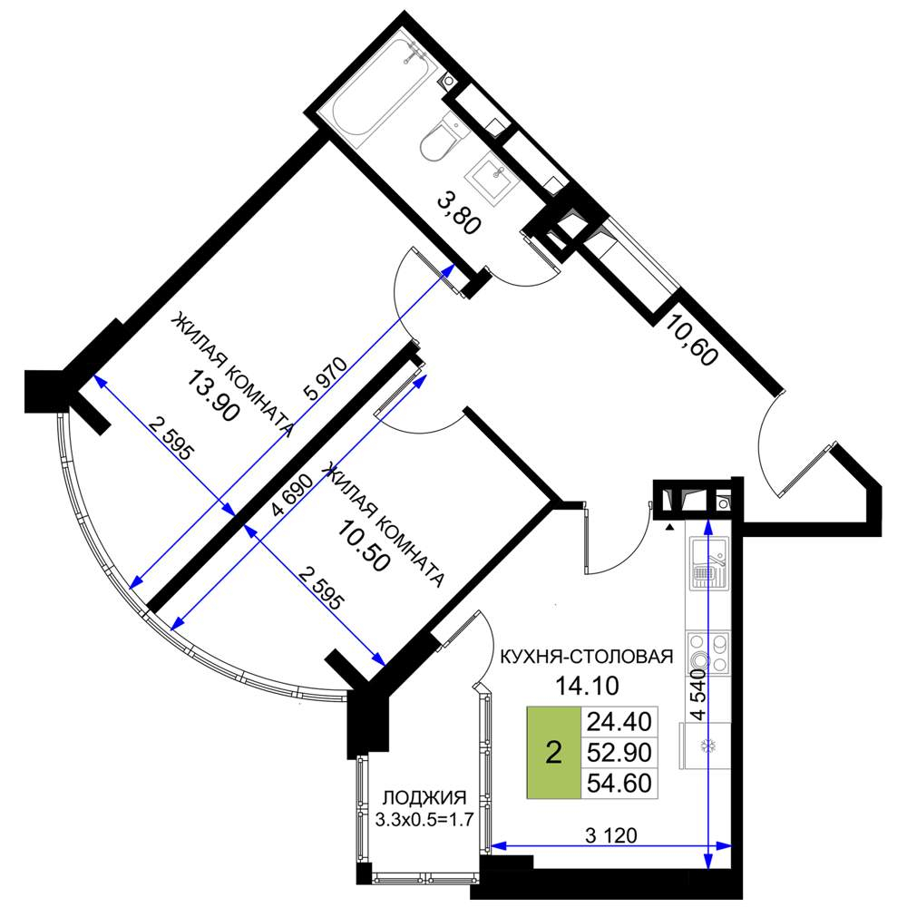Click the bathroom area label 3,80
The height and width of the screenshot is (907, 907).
click(x=459, y=215)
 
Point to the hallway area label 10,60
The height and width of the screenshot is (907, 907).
click(x=691, y=339)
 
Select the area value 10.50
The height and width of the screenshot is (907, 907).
click(x=363, y=545)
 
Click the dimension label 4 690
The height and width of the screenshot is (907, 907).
click(x=293, y=495)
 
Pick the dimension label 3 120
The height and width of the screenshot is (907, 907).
click(x=610, y=835)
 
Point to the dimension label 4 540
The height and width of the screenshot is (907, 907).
click(x=699, y=694)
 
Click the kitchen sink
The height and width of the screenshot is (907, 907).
click(x=708, y=563)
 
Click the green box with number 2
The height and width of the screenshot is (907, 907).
click(x=553, y=753)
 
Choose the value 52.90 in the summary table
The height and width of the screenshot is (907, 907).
click(x=619, y=753)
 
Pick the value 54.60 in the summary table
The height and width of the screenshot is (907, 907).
click(x=619, y=784)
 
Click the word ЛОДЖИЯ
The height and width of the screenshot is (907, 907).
click(x=424, y=797)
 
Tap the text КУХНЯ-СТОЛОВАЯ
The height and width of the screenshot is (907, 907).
click(x=586, y=657)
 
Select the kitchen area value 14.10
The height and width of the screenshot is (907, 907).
click(x=587, y=686)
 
